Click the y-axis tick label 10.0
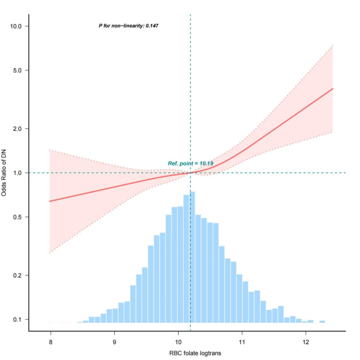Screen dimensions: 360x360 click(x=20, y=26)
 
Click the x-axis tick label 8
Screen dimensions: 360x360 click(x=51, y=341)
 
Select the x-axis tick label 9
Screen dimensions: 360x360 click(x=115, y=341)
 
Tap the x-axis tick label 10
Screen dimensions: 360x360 click(x=178, y=341)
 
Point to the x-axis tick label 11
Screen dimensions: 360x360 click(x=242, y=341)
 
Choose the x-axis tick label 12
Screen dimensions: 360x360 click(x=305, y=341)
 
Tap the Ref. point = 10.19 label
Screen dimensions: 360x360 click(x=190, y=163)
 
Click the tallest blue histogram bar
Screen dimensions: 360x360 click(x=192, y=257)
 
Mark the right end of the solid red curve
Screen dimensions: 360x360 click(x=333, y=88)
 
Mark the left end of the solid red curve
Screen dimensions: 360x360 click(x=49, y=201)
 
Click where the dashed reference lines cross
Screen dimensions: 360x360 click(x=190, y=172)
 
